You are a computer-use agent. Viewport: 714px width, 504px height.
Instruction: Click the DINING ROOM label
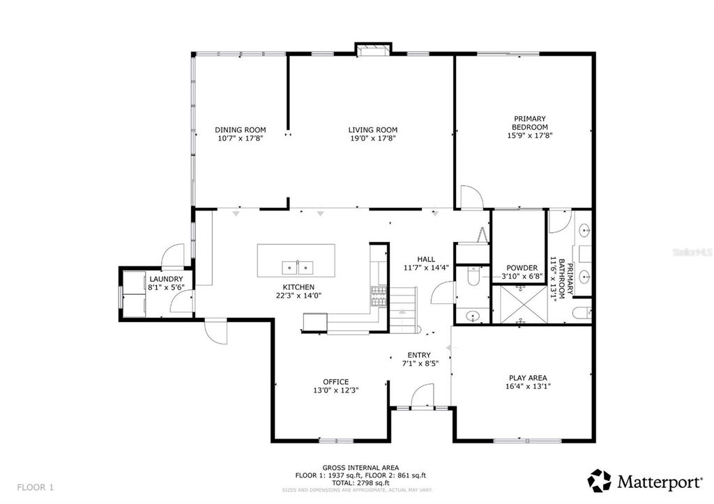[x=241, y=130]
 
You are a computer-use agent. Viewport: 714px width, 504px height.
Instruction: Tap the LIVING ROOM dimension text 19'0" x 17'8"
[x=373, y=139]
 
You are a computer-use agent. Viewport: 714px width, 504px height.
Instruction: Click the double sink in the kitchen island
[x=298, y=267]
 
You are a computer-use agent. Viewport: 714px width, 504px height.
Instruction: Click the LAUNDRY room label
[x=166, y=279]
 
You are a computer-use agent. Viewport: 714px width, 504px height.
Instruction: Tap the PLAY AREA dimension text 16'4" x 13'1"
[x=526, y=387]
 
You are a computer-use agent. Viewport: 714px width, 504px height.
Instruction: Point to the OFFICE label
[x=335, y=381]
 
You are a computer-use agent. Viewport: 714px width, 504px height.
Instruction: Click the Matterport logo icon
[x=600, y=480]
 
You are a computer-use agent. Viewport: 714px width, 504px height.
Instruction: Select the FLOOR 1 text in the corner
[x=35, y=486]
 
